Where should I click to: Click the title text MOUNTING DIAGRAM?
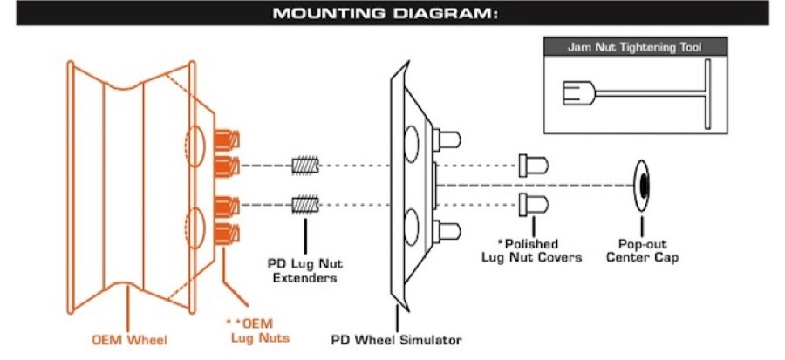pos(392,13)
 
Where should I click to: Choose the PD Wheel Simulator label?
pos(397,339)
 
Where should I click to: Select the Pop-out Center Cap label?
pos(644,250)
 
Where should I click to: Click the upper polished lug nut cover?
pos(532,165)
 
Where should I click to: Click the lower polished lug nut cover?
pos(532,206)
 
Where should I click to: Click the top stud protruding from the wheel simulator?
pos(448,138)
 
